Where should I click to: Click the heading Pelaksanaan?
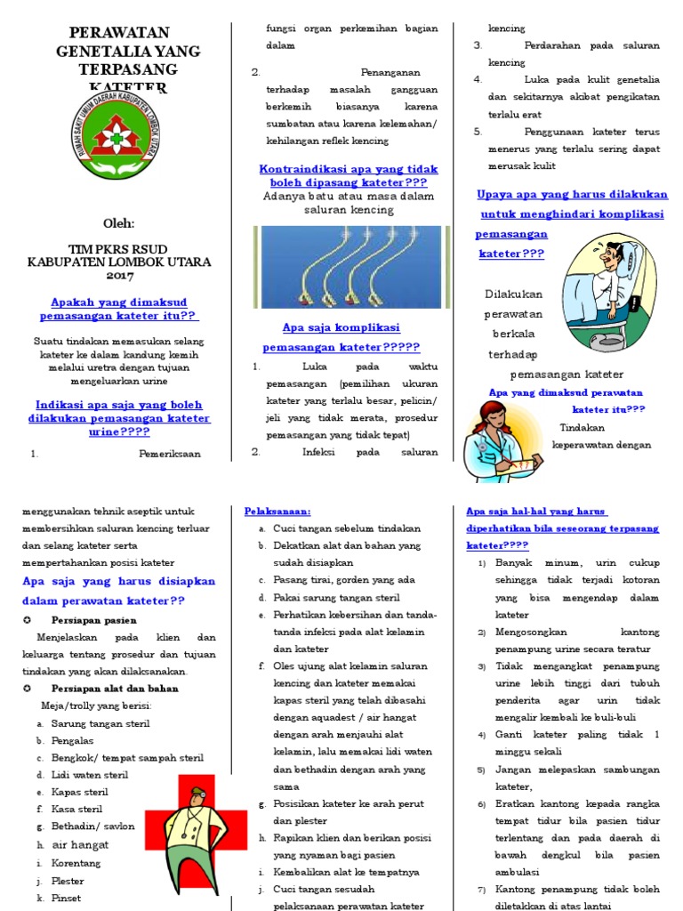[277, 512]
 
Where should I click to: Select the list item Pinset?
[66, 898]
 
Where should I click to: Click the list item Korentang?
[76, 863]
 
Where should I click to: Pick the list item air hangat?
[80, 845]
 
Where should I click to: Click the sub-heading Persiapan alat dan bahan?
[115, 689]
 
